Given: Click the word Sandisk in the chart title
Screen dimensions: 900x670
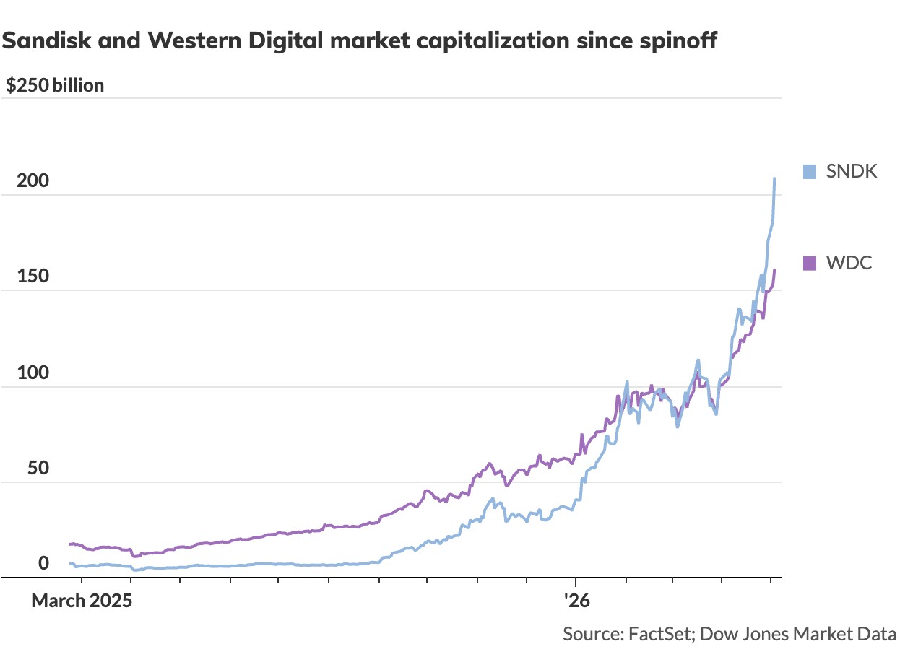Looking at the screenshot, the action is pos(47,40).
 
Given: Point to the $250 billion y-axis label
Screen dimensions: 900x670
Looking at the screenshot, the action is pos(55,86).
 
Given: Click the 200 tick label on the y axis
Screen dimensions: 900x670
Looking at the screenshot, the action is pos(33,180).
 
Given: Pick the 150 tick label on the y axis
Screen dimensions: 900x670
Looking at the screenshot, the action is pos(33,277).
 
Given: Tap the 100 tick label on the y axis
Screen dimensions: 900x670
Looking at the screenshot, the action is pos(33,373).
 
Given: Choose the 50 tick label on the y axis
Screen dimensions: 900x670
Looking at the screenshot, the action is pos(38,468).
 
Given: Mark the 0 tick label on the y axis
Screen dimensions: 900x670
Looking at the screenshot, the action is pos(43,563).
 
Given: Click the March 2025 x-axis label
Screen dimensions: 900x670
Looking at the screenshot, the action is pos(82,601).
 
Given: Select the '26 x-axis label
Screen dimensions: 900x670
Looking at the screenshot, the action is pos(576,601).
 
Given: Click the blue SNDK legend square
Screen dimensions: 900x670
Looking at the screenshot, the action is pos(810,172).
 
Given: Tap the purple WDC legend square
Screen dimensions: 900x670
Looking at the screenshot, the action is pos(810,264).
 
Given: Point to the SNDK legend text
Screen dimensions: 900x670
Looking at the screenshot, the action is pos(852,172).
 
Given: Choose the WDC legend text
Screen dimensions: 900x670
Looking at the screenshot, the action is pos(849,264).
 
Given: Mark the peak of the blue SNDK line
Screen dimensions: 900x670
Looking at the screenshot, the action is pos(774,178).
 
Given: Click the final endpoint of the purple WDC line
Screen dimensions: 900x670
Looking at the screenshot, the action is pos(774,270).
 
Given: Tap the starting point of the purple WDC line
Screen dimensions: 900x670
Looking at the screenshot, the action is pos(70,544).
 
